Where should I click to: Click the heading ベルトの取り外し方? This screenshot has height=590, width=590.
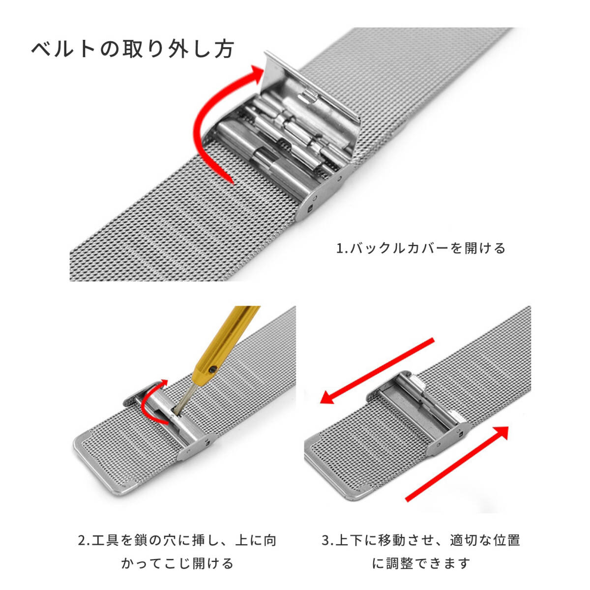(x=133, y=49)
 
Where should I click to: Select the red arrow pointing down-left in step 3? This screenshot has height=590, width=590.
(x=377, y=371)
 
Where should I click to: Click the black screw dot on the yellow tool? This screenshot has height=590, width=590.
(x=211, y=371)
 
